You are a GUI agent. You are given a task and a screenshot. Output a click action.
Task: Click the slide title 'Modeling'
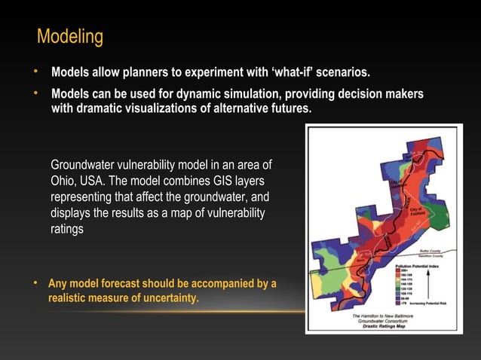tap(70, 36)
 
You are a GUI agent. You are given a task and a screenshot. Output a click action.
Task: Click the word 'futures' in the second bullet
tap(287, 108)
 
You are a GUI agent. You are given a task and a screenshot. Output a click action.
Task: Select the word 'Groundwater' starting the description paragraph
tap(84, 165)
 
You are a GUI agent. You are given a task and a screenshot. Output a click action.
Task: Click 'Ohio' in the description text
tap(63, 182)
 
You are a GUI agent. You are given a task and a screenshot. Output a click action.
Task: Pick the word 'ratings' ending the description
tap(67, 230)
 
